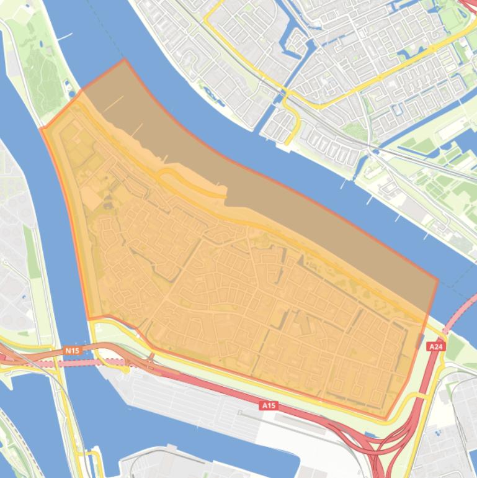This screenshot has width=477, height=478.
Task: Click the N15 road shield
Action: pos(72,351)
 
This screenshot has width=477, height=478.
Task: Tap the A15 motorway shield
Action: pos(268,405)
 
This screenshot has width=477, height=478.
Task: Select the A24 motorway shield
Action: pos(436,346)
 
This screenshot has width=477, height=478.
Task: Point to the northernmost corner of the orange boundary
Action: pos(125,60)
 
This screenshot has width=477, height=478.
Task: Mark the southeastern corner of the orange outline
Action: pos(386,418)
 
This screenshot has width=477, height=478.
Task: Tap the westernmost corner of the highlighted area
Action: pos(41,129)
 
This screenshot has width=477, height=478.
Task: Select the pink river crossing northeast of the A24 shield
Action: pos(462,314)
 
